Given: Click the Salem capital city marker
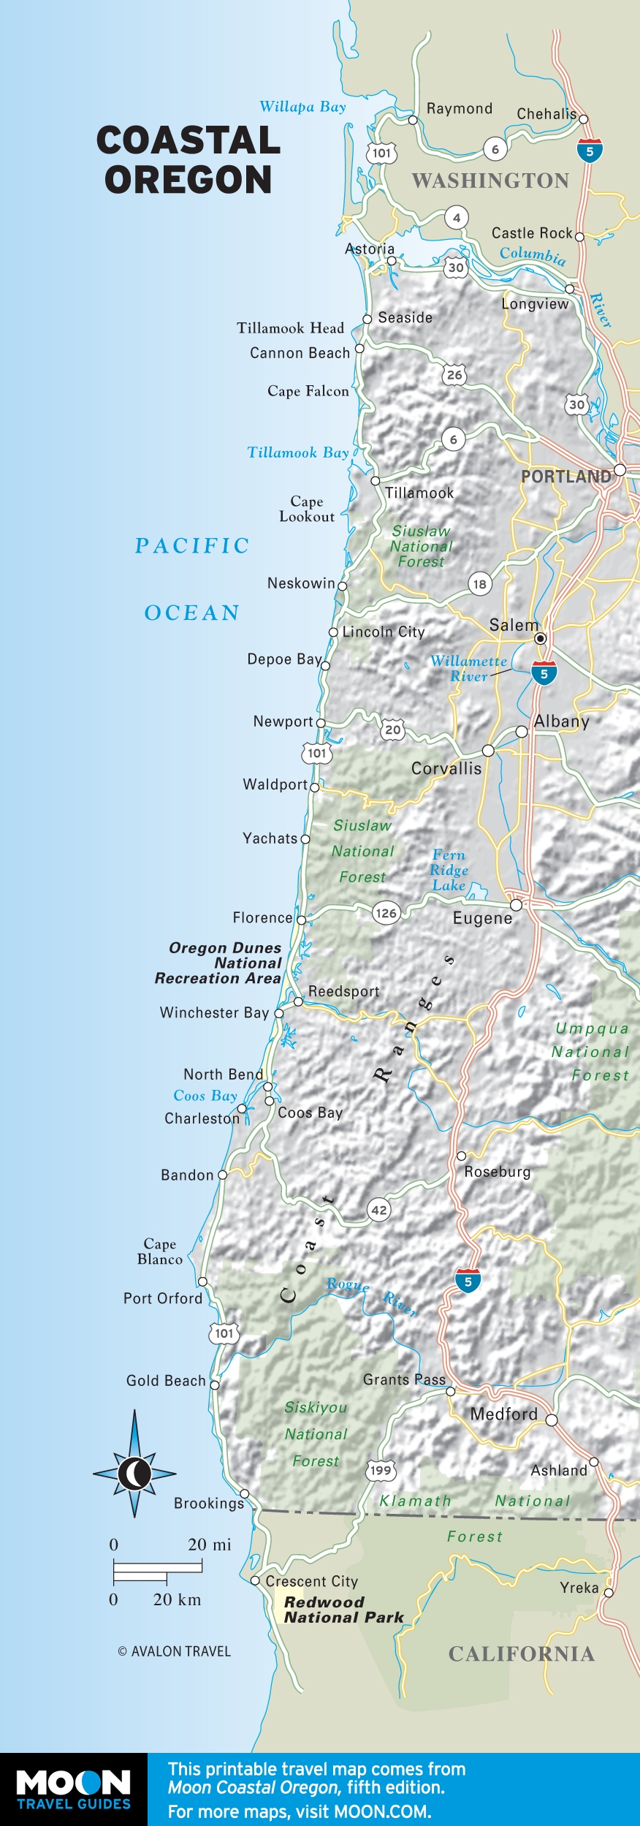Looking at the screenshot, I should point(541,638).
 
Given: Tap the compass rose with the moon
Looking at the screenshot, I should point(134,1474).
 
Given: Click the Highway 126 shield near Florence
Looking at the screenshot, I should point(386,912).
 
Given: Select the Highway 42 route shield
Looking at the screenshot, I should point(378,1210).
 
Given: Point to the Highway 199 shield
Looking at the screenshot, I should point(381,1470).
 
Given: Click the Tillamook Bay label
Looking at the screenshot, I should point(297,452).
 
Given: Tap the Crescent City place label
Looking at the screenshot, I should point(312,1581).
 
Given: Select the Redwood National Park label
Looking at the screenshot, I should point(343,1610).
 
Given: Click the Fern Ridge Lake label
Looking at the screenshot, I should point(449,870).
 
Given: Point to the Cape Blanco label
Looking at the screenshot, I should point(160,1251).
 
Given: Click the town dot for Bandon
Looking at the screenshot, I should point(223,1175).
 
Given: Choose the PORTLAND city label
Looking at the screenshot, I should point(566,477).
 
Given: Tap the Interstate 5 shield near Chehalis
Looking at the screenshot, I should point(590,150).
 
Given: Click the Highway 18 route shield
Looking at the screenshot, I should point(479,583).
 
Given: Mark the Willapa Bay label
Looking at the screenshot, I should point(302,107).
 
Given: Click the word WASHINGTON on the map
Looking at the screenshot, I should point(490,181).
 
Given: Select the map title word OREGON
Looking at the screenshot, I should point(188,180).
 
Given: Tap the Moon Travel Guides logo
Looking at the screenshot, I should point(73,1789).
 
